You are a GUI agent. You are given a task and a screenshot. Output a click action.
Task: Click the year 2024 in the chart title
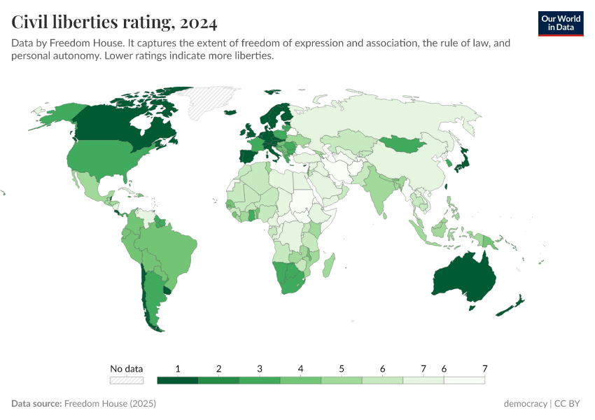[x=198, y=23]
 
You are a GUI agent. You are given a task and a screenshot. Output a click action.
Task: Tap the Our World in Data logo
[x=560, y=23]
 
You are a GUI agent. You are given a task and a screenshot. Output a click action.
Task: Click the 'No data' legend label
[x=127, y=369]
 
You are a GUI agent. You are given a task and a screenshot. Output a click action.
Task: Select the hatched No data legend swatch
[x=127, y=380]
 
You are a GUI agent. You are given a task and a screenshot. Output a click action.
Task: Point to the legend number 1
[x=178, y=369]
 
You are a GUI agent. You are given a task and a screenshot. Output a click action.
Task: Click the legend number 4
[x=300, y=369]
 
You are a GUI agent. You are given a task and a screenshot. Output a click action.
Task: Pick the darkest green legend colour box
[x=178, y=380]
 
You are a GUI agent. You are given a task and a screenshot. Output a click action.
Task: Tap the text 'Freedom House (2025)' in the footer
[x=110, y=404]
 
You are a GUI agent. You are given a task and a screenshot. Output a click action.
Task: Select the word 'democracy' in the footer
[x=525, y=404]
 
